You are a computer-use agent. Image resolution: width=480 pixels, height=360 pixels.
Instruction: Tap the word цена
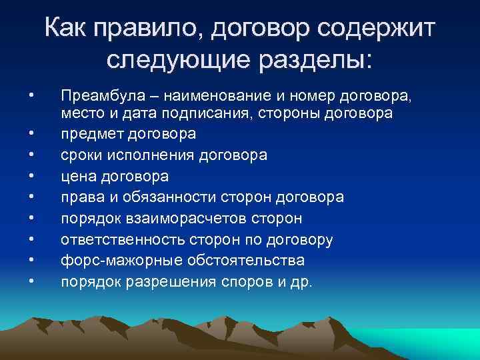coord(77,177)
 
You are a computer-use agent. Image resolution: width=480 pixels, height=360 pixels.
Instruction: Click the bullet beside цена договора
coord(31,177)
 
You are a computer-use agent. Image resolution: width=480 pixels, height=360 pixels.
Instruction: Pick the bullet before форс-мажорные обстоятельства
coord(31,260)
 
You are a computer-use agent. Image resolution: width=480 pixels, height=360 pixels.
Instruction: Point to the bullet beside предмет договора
coord(31,134)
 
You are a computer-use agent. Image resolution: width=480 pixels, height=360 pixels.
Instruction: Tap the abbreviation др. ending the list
coord(301,281)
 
